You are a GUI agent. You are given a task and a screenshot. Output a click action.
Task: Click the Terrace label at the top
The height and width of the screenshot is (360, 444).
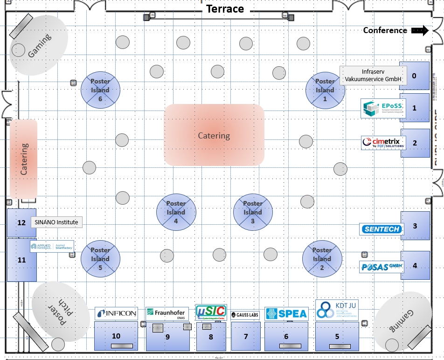pos(225,9)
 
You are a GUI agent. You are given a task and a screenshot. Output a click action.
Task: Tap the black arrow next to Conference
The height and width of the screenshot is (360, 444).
pos(420,31)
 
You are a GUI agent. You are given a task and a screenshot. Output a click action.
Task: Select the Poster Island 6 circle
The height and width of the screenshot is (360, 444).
pos(100,90)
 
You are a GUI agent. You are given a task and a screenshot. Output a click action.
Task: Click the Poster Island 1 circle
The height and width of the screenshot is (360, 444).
pos(325,90)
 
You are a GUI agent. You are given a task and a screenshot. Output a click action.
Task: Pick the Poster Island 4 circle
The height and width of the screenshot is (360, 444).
pos(176,212)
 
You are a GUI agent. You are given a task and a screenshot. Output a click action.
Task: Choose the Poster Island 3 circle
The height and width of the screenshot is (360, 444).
pos(253,212)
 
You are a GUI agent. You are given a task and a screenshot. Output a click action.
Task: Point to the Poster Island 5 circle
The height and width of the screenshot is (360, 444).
pos(100,259)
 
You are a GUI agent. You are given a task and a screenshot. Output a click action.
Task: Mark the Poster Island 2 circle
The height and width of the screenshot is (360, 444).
pos(322,259)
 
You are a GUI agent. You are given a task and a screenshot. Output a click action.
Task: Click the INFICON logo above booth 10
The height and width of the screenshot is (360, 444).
pos(116,313)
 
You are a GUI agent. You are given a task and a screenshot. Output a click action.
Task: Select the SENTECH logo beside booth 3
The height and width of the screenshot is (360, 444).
pos(381,229)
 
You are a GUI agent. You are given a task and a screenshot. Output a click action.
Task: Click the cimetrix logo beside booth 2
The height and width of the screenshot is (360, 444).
pos(383,143)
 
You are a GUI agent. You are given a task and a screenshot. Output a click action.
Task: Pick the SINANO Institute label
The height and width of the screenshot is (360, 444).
pos(56,222)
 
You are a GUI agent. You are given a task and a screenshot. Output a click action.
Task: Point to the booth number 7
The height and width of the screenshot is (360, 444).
pos(246,336)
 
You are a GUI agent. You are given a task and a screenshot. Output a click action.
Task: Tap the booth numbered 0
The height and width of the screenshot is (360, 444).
pos(414,75)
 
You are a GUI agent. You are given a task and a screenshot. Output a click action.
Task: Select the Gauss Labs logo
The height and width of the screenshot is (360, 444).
pos(245,315)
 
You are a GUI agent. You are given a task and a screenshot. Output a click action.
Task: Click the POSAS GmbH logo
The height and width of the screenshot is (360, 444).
pos(381,267)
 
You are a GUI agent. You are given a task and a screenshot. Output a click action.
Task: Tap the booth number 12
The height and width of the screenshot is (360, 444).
pos(21,222)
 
